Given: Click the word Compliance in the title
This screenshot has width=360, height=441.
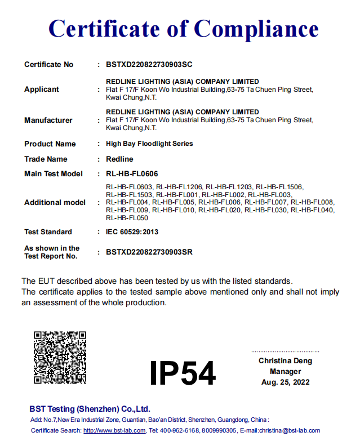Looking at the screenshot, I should (x=256, y=28).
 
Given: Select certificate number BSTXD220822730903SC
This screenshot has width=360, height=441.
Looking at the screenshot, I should (x=149, y=65).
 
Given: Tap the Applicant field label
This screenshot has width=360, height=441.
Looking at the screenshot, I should (x=42, y=90).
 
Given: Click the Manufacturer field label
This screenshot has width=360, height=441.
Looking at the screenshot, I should (x=48, y=120).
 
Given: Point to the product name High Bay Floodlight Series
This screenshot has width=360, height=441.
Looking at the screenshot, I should (x=149, y=144).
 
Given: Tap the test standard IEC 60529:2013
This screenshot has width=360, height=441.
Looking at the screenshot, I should (x=132, y=232).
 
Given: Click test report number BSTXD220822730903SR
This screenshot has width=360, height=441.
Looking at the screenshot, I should (x=149, y=252).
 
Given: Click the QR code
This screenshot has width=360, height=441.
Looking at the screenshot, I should (x=60, y=358).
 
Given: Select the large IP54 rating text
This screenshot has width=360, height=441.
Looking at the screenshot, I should (x=183, y=372).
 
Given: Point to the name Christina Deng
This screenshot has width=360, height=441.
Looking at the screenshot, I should (x=285, y=360).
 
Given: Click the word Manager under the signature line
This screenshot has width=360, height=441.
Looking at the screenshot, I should (x=285, y=371).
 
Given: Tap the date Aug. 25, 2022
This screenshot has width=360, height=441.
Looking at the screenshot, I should (x=285, y=382).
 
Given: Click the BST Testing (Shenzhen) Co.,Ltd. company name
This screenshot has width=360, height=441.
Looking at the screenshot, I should (x=90, y=409).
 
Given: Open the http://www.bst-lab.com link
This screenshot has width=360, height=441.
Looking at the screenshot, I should (x=114, y=431).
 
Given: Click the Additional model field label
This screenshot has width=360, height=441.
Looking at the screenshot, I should (x=55, y=202).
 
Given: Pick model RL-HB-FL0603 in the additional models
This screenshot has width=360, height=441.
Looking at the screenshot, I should (x=129, y=186).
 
